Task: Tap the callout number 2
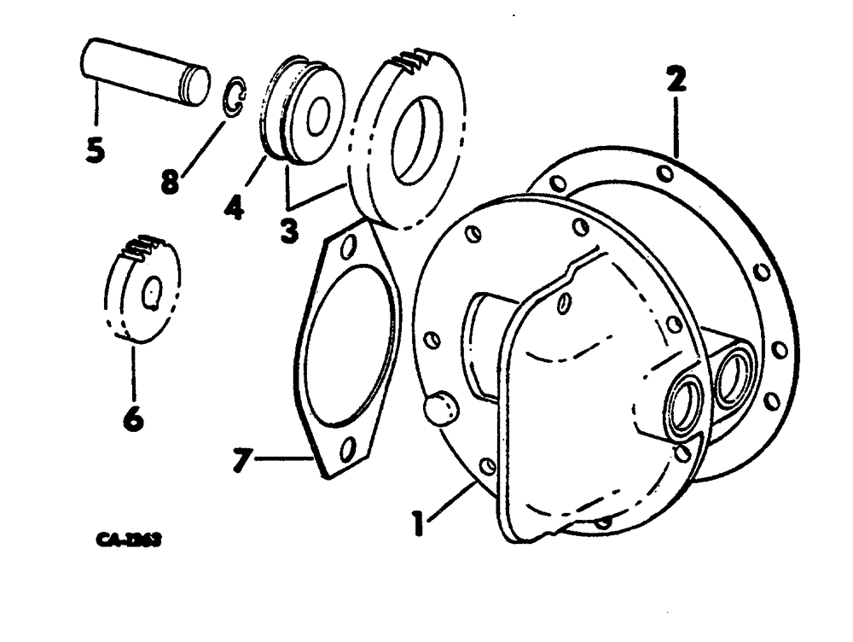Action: point(676,82)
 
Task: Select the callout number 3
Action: point(290,230)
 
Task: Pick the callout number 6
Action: point(135,417)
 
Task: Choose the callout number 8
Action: point(171,181)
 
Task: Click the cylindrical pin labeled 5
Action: point(145,72)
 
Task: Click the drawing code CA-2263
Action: point(129,540)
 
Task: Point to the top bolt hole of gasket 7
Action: point(347,248)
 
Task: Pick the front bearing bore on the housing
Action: point(685,406)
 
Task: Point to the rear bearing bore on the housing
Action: point(734,376)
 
